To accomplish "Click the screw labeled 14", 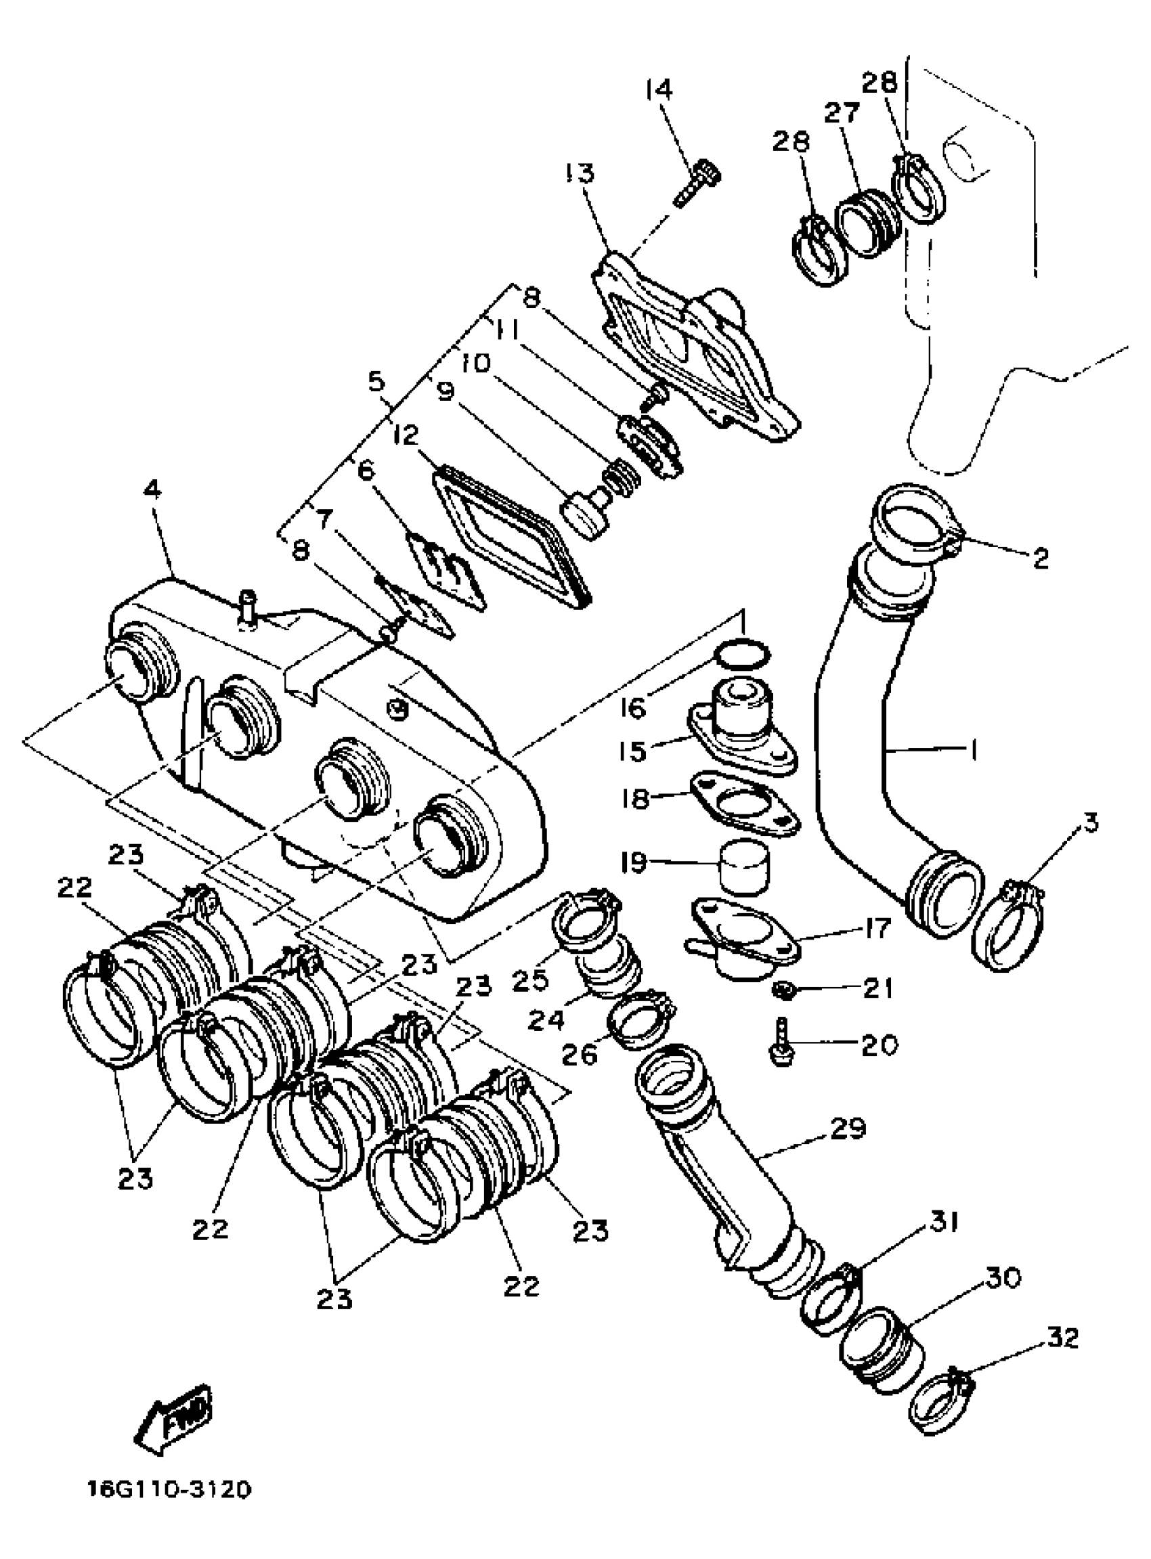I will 697,183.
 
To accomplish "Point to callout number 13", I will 580,172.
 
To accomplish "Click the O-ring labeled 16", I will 743,655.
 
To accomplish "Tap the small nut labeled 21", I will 782,988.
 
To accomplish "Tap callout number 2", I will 1040,558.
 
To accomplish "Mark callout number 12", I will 406,435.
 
